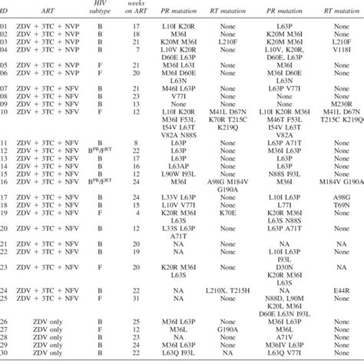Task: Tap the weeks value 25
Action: tap(137, 319)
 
